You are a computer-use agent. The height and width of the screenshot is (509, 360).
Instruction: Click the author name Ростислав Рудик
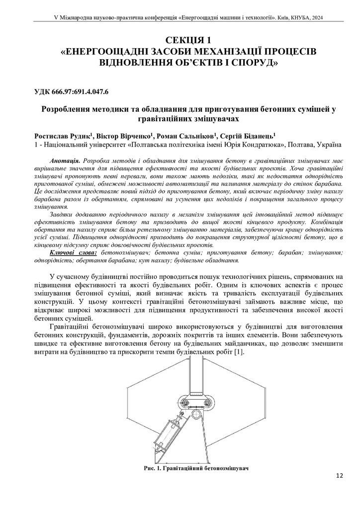coord(62,135)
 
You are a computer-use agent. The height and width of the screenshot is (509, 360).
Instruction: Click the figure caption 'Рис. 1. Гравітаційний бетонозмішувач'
coord(195,468)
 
